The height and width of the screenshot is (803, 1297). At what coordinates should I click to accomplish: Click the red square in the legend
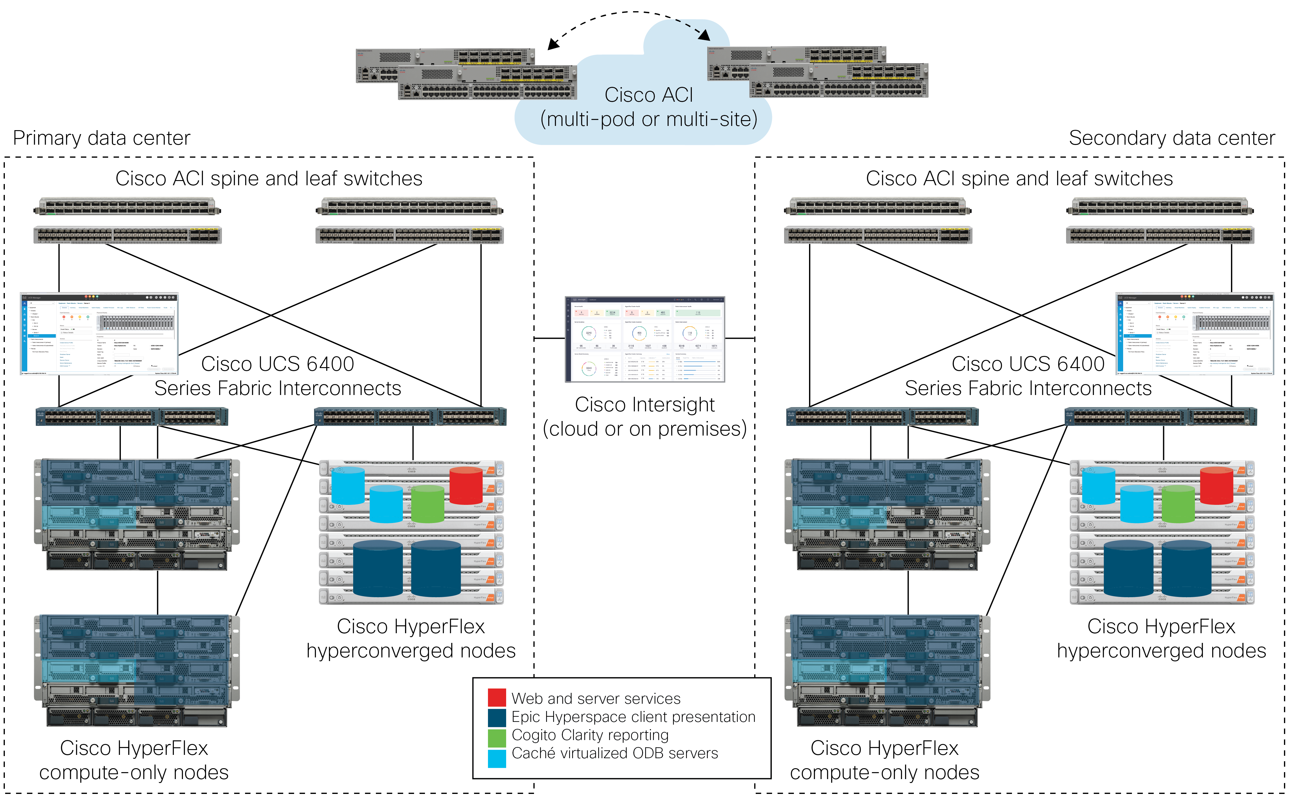click(496, 697)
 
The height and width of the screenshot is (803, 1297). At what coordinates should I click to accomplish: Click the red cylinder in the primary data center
click(466, 485)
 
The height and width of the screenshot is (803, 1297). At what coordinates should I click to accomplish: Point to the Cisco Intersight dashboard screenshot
click(645, 339)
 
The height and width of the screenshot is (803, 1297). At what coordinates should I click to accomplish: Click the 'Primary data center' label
click(101, 138)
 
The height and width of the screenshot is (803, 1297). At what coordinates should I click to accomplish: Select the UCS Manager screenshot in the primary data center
click(99, 334)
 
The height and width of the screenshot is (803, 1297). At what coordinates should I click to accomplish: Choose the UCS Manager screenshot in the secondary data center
click(1194, 334)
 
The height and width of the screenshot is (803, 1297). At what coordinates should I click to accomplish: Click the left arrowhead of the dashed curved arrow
click(552, 44)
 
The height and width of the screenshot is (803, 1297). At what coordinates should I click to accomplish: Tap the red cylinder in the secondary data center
click(1216, 485)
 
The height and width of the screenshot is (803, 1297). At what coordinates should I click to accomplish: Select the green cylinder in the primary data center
click(427, 505)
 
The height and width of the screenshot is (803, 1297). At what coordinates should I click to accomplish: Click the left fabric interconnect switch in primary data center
click(132, 417)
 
